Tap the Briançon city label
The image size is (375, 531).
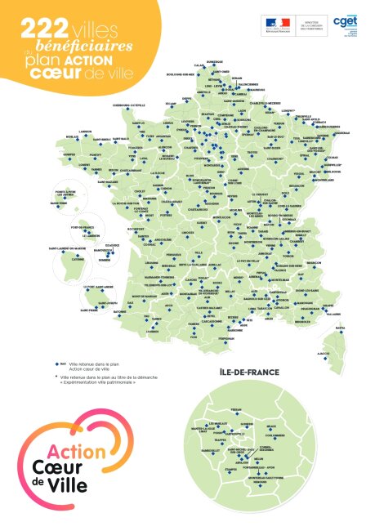[306, 261]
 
